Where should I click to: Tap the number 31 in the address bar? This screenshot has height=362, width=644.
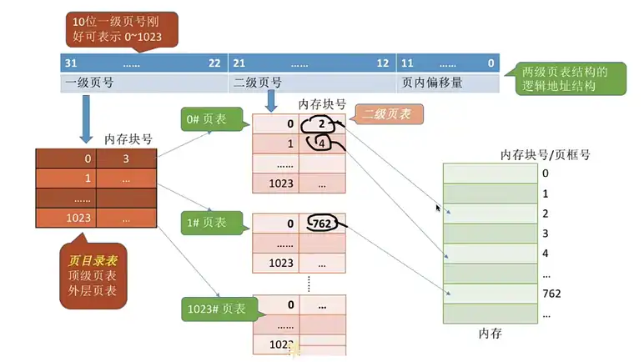tap(71, 63)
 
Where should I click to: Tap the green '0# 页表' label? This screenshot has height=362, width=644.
tap(212, 120)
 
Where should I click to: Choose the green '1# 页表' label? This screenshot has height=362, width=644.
tap(212, 223)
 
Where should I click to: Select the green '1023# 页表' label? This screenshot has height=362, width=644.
tap(218, 308)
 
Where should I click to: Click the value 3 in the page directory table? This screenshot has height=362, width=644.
tap(126, 158)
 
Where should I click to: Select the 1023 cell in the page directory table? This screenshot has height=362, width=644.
tap(66, 218)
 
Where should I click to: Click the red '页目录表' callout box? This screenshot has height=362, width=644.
tap(93, 271)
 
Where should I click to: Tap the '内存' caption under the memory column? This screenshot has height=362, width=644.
tap(490, 334)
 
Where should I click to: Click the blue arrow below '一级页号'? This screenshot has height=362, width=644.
tap(86, 117)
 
